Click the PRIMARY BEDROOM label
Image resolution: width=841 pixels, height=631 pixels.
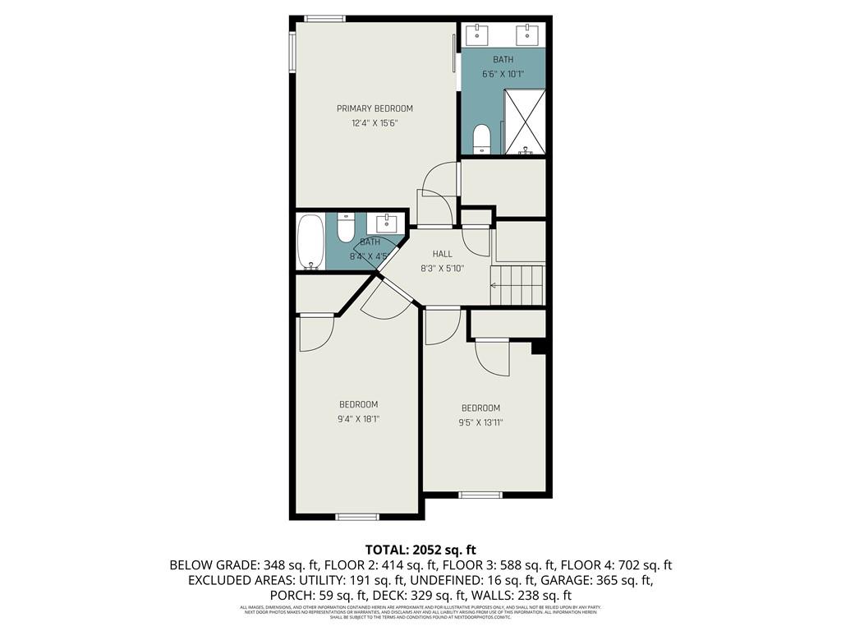pos(375,108)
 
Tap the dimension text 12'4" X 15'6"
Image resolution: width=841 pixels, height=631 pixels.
pos(375,123)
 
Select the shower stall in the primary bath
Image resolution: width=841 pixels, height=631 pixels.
pos(524,122)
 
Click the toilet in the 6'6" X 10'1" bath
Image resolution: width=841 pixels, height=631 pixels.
pos(482,139)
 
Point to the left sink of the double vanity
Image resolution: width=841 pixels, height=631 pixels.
pos(477,35)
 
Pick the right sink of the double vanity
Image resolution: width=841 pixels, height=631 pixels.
pos(526,35)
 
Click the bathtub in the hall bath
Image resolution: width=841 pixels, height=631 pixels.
pos(310,242)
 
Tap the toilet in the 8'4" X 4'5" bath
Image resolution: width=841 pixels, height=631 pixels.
pos(346,226)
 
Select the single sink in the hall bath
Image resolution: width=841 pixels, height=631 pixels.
pos(387,223)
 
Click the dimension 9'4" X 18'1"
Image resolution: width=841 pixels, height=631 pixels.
pos(359,418)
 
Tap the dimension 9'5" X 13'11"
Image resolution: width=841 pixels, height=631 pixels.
pos(480,422)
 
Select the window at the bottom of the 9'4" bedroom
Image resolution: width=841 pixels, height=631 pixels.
pos(356,517)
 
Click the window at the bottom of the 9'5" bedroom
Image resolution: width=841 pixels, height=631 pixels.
pos(480,495)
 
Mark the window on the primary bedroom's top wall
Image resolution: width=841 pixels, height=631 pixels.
pos(324,19)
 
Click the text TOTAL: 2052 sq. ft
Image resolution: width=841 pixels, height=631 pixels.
pos(420,549)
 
